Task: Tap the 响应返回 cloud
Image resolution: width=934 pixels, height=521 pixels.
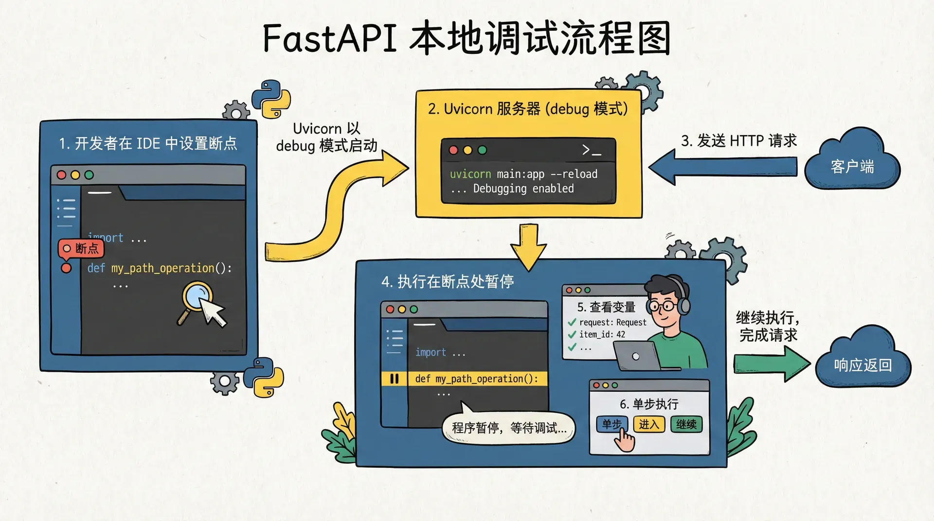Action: coord(862,365)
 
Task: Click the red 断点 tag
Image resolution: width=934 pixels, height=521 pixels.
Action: coord(81,249)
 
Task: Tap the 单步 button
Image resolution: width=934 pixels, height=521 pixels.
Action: coord(611,424)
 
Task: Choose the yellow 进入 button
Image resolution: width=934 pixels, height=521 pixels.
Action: coord(648,424)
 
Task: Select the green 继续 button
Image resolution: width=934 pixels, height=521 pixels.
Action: coord(686,424)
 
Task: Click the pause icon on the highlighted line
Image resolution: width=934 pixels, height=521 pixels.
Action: coord(394,379)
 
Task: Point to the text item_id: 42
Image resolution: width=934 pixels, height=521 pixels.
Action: coord(602,334)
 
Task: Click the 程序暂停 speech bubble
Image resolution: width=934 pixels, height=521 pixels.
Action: coord(508,428)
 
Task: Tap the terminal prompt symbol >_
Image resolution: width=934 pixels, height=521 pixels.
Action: coord(592,150)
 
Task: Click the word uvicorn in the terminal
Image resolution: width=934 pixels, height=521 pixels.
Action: coord(470,174)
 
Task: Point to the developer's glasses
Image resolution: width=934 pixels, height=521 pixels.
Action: coord(662,306)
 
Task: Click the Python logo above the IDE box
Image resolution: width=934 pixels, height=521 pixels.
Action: coord(270,99)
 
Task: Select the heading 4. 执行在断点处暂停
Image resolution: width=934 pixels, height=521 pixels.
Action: coord(448,281)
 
